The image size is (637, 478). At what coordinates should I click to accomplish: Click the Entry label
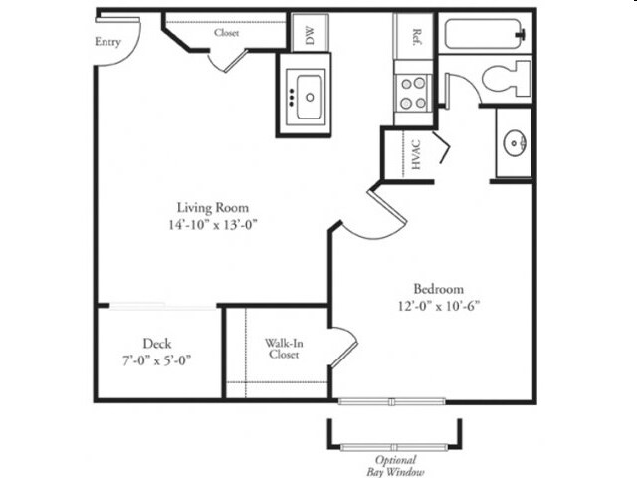pos(107,42)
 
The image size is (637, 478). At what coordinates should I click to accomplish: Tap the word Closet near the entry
pos(226,33)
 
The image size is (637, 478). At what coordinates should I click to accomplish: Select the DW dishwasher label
pos(310,35)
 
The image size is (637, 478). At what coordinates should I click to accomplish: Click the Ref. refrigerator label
pos(416,37)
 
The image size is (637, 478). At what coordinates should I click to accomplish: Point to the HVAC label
pos(416,155)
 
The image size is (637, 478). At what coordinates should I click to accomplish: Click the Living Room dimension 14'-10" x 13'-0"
pos(213,224)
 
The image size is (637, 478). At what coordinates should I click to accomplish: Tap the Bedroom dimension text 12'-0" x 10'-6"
pos(439,306)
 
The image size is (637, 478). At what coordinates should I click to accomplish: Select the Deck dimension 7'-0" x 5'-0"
pos(157,360)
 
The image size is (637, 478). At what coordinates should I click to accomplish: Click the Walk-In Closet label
pos(284,349)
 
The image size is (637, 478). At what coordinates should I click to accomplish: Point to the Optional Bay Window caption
pos(395,466)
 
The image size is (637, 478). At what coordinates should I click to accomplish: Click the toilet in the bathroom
pos(507,78)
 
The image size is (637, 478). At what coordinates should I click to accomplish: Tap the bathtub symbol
pos(485,34)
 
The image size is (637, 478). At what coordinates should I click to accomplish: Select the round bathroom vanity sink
pos(515,143)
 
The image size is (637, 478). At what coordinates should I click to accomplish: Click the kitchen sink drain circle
pos(310,98)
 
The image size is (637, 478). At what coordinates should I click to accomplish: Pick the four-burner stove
pos(413,93)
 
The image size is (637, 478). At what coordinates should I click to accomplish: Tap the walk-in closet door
pos(344,347)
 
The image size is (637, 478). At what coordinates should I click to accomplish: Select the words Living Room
pos(213,208)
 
